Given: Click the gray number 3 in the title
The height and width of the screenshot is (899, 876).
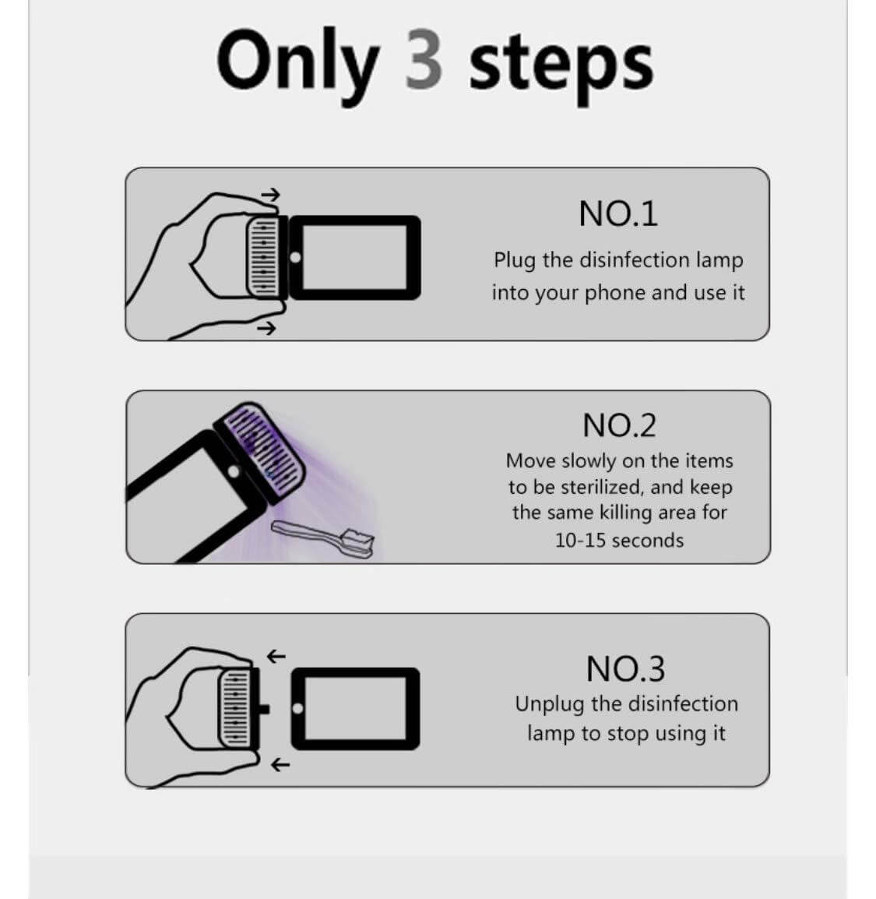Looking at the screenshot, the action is click(x=424, y=60).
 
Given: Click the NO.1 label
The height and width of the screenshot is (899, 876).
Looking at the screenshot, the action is click(x=618, y=214).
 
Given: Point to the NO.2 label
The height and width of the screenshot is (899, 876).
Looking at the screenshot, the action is click(x=619, y=425).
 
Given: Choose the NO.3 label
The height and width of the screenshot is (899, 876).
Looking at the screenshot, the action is click(x=625, y=668).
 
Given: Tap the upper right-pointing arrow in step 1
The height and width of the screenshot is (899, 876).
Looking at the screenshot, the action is click(x=270, y=195).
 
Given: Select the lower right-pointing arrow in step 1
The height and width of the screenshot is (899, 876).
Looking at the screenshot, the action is click(x=266, y=329).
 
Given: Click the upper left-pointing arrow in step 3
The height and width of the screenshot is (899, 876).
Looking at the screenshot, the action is click(x=276, y=656).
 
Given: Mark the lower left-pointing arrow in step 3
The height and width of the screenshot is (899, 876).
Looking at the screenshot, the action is click(x=280, y=764).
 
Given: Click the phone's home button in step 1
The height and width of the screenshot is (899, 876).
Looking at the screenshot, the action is click(x=296, y=257).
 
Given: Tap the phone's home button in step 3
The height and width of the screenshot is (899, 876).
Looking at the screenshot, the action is click(x=298, y=708).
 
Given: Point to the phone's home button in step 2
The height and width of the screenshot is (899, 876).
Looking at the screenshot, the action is click(x=234, y=471).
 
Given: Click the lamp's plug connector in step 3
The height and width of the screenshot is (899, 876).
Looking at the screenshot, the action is click(x=264, y=709).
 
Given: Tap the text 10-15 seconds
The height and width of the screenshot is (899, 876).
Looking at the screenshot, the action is click(x=619, y=541).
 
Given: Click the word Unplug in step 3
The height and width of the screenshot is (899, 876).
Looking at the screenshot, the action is click(x=550, y=705).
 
